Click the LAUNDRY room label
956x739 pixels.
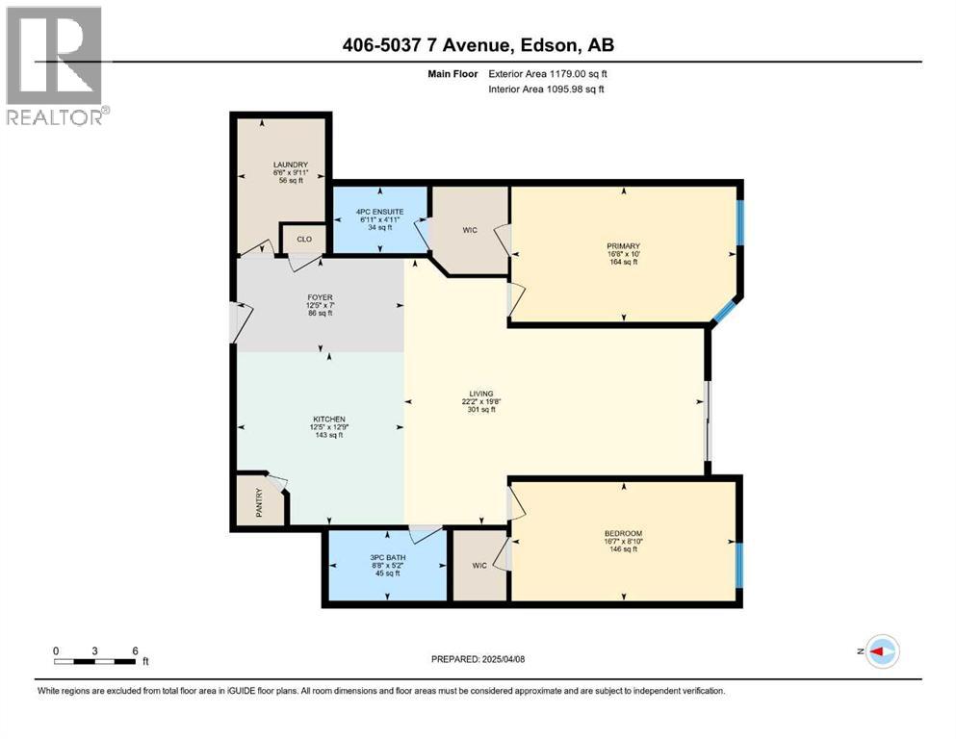(x=283, y=166)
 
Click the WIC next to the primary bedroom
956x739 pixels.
(x=469, y=230)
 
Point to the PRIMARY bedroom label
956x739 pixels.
(x=624, y=246)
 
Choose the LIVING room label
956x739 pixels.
(x=480, y=394)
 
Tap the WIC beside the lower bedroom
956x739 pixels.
(x=479, y=564)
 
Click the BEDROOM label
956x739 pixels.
(x=623, y=533)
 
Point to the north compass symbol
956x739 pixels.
(x=880, y=651)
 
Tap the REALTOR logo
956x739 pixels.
(x=56, y=65)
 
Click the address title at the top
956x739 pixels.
(x=478, y=44)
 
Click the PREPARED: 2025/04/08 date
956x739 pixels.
(x=478, y=659)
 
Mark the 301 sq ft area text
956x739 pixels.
(x=480, y=409)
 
